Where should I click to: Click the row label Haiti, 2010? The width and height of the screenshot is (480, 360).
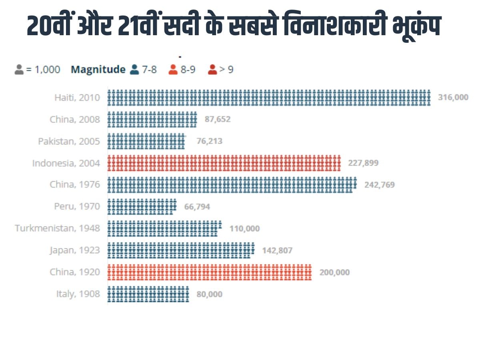click(x=77, y=97)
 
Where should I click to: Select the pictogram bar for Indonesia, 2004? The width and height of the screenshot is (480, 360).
click(x=224, y=163)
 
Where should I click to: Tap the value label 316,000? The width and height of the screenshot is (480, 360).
click(x=453, y=97)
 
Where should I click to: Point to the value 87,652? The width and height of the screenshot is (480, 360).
click(x=218, y=119)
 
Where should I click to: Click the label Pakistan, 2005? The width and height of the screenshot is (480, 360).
click(x=69, y=141)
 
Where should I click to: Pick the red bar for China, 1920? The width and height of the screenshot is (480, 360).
click(x=209, y=272)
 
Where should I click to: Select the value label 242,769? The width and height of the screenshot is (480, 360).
click(x=379, y=185)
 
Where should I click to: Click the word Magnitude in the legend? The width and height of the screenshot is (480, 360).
click(x=98, y=70)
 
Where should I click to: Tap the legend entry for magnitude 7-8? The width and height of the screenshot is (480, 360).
click(x=143, y=70)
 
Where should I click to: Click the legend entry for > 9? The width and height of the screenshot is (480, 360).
click(x=221, y=70)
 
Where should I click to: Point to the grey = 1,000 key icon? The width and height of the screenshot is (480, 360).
click(x=19, y=70)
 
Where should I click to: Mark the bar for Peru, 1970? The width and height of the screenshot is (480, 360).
click(x=142, y=206)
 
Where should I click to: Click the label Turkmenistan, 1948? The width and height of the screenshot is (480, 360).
click(x=57, y=228)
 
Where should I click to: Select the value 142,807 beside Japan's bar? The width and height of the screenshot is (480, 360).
click(x=277, y=251)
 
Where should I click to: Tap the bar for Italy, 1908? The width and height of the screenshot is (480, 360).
click(x=148, y=294)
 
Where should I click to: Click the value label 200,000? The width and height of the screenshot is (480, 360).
click(x=334, y=272)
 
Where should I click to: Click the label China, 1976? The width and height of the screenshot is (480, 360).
click(x=75, y=185)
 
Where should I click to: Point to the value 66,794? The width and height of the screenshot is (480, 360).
click(x=197, y=207)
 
